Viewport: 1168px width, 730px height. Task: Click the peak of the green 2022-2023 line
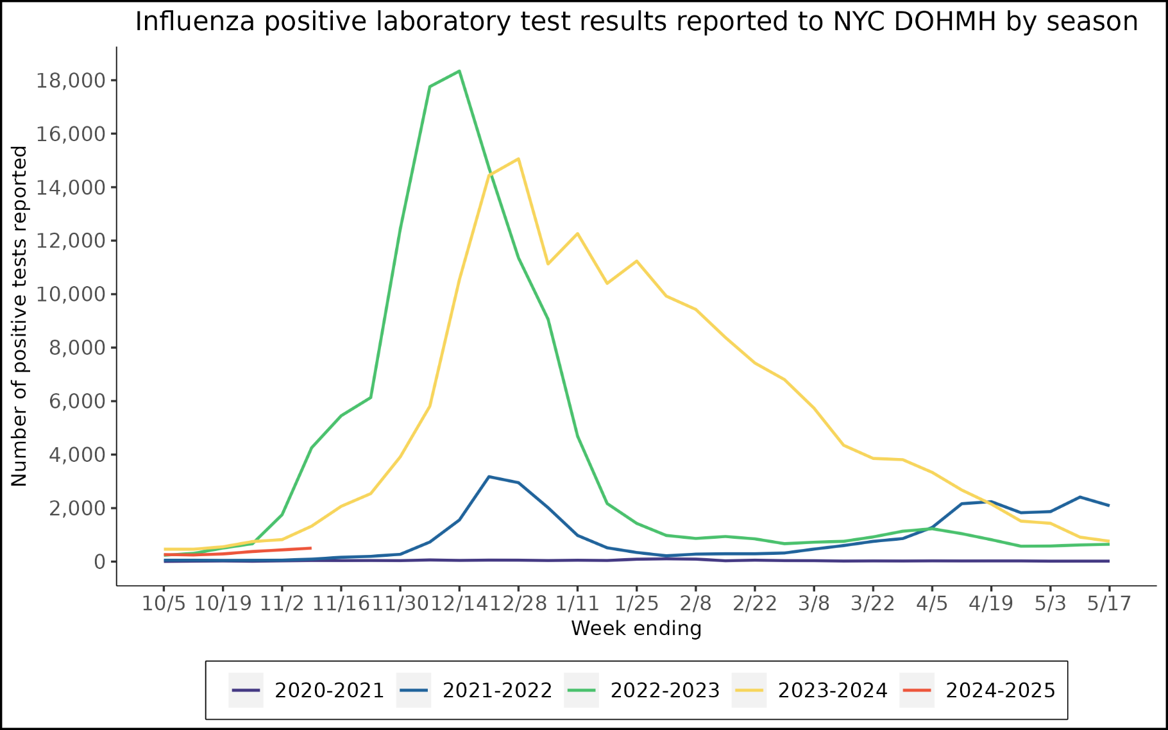(459, 71)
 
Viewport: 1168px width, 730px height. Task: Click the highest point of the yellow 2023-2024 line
(518, 158)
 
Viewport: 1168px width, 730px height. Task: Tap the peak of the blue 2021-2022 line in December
(489, 477)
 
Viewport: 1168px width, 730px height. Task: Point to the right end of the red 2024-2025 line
(310, 548)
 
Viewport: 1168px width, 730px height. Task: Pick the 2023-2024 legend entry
(810, 690)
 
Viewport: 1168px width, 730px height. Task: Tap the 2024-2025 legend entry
(978, 690)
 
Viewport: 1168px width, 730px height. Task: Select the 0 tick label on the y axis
(99, 562)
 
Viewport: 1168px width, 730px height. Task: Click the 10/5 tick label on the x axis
(164, 604)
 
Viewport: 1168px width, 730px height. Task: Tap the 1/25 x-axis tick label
(636, 604)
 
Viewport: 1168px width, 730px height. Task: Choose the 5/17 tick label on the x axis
(1109, 604)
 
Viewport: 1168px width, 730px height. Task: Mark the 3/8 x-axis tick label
(813, 604)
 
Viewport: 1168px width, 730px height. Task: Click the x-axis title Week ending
(636, 628)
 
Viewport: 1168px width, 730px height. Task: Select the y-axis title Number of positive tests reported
(19, 316)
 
